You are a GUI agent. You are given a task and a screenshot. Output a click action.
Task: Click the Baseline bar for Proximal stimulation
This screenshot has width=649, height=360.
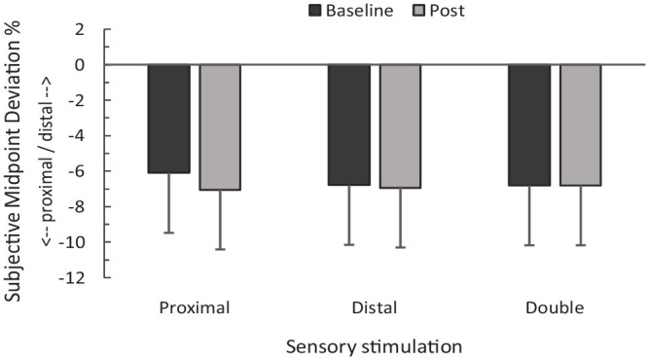click(x=169, y=119)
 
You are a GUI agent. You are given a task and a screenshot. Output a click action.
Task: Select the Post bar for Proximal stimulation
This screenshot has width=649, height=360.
click(x=220, y=127)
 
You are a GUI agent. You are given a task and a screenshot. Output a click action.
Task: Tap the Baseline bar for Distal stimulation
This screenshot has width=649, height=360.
click(x=349, y=125)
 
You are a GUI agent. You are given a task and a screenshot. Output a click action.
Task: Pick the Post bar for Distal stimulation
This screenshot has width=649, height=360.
click(x=400, y=126)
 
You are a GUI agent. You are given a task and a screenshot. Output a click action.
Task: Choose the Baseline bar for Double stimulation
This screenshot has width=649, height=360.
click(x=529, y=126)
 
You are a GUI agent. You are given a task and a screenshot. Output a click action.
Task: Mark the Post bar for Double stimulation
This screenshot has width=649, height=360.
click(x=581, y=126)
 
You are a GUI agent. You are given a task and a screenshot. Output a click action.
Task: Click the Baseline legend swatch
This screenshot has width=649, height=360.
click(x=315, y=11)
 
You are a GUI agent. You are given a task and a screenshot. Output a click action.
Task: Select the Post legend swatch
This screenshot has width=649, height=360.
click(x=418, y=11)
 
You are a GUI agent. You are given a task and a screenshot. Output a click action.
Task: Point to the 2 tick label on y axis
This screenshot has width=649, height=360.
click(x=80, y=30)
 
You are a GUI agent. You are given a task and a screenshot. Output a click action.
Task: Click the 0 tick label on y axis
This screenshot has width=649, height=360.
click(x=80, y=65)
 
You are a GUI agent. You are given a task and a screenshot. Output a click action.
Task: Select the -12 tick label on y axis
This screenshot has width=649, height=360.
click(x=72, y=277)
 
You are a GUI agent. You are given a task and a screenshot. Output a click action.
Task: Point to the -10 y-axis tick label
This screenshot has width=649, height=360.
click(x=72, y=242)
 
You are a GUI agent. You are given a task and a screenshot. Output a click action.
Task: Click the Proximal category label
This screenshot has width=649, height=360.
click(x=195, y=308)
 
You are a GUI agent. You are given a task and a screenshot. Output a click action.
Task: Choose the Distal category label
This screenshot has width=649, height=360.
click(x=375, y=308)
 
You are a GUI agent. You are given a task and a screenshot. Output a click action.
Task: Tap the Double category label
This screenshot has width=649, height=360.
click(x=555, y=308)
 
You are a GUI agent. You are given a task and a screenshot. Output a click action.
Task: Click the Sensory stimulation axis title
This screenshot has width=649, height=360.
click(x=375, y=346)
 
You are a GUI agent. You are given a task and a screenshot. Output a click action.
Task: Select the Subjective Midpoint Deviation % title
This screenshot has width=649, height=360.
click(x=14, y=161)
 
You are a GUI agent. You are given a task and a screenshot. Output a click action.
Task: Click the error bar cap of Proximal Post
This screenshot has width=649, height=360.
click(x=220, y=249)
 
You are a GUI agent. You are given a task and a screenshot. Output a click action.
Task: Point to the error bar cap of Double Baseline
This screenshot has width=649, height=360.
click(x=529, y=245)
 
